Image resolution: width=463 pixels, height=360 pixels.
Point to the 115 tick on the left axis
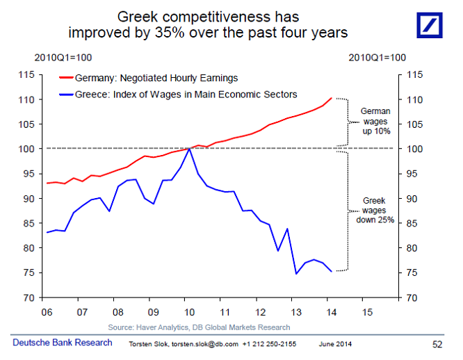point(26,75)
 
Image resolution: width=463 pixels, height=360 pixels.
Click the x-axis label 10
point(189,311)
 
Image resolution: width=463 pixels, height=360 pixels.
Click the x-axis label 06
point(47,311)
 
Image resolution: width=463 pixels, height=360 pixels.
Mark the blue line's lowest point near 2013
point(297,274)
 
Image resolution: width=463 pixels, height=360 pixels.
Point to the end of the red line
point(331,99)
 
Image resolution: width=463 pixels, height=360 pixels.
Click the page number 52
point(438,344)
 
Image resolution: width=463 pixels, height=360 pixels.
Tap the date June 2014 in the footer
point(336,344)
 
